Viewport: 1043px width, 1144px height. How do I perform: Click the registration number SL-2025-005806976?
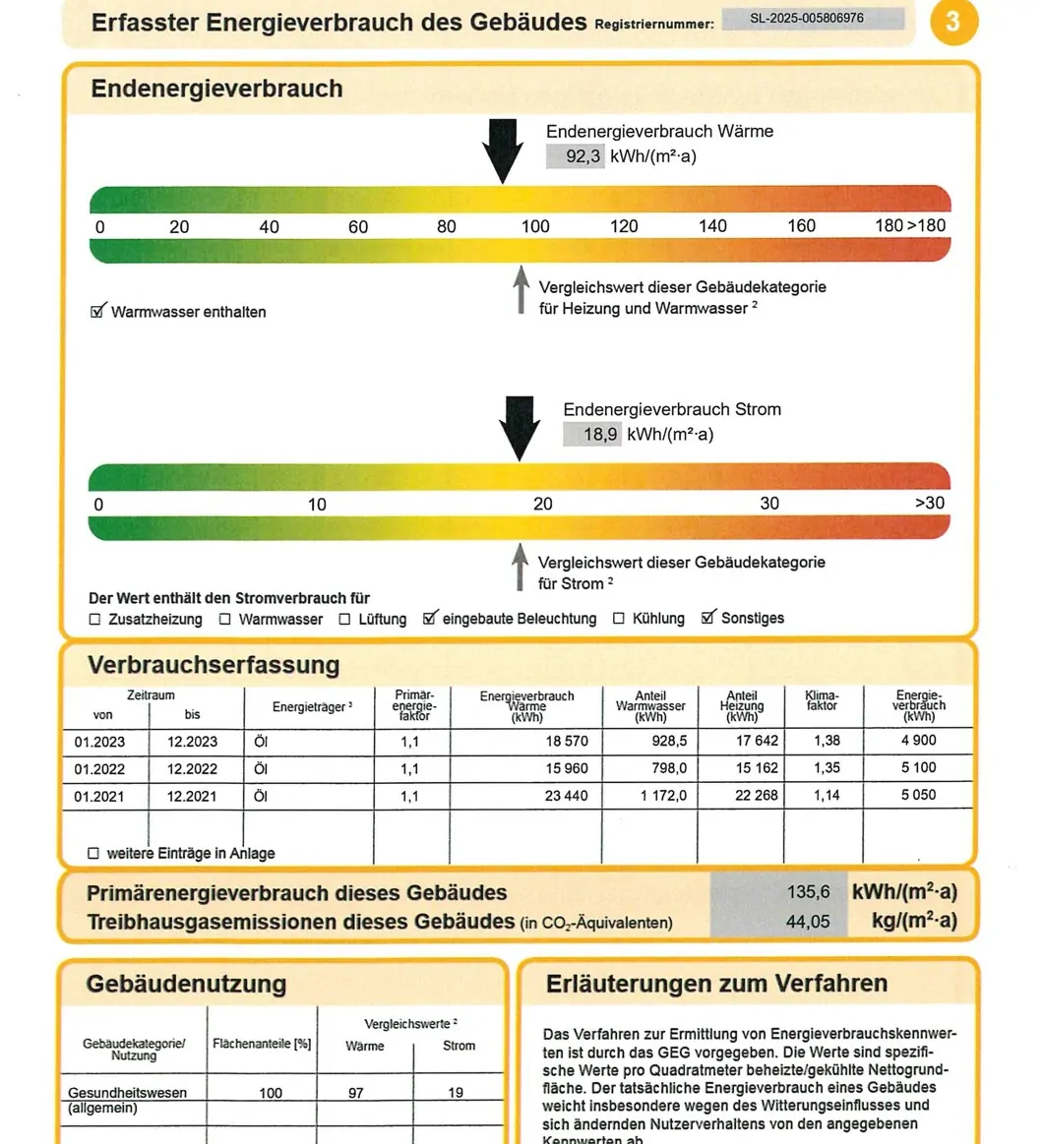(813, 19)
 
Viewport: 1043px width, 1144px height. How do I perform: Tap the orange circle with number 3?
(951, 21)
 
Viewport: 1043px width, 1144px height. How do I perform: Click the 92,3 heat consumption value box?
(576, 156)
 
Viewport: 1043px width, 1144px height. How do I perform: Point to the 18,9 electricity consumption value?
(592, 435)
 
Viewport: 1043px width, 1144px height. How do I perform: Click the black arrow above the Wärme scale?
(503, 150)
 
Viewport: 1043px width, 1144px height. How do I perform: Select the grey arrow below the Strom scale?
(520, 568)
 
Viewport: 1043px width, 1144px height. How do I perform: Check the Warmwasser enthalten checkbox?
(97, 312)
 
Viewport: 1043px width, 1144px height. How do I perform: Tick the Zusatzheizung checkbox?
(95, 620)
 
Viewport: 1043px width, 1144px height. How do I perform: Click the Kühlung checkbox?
(619, 619)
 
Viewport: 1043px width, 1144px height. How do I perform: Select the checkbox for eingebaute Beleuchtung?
(429, 619)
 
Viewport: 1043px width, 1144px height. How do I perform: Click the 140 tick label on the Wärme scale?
(712, 226)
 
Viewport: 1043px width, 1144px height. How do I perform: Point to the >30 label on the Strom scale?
(930, 504)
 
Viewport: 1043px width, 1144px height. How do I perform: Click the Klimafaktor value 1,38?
(827, 741)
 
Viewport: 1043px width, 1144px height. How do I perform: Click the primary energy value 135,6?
(809, 892)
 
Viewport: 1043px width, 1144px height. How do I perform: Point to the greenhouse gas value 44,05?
(809, 922)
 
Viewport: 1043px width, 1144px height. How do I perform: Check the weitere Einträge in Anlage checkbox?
(94, 854)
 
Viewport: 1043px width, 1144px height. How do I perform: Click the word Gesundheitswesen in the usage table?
(127, 1093)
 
